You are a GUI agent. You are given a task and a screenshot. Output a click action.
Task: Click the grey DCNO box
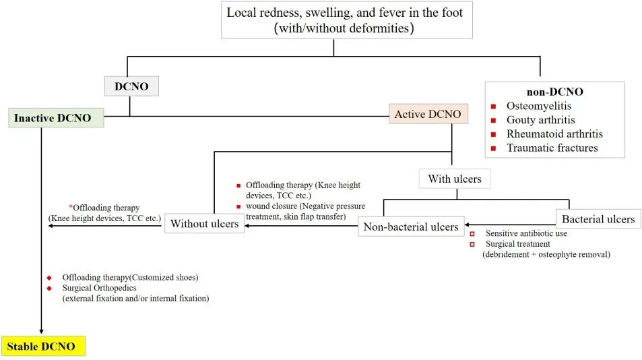(131, 86)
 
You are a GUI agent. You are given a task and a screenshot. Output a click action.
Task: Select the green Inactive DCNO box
(56, 118)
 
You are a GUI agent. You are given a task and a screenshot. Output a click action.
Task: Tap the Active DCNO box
(428, 114)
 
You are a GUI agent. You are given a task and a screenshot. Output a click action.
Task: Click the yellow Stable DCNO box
(43, 346)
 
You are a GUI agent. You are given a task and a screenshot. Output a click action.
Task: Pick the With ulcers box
(455, 179)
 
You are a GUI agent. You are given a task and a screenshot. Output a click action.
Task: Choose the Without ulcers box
(204, 224)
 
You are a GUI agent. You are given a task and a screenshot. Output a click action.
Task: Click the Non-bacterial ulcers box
(411, 227)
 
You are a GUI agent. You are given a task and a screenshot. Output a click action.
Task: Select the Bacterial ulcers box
(598, 218)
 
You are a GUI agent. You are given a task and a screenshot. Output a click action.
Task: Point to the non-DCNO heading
(555, 91)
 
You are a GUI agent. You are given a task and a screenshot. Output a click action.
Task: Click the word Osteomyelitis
(539, 106)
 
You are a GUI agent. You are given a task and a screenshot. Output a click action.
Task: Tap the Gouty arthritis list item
(540, 119)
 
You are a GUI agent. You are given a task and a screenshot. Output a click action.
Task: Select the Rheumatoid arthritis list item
(554, 133)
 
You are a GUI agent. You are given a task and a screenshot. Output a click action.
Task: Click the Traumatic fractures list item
(552, 148)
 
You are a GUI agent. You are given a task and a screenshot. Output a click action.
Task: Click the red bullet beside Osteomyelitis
(493, 107)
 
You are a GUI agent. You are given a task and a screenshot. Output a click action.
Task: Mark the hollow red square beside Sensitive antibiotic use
(472, 233)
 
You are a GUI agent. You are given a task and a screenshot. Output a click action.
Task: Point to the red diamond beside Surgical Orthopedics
(49, 289)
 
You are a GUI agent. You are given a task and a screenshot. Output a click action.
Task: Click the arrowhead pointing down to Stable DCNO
(41, 331)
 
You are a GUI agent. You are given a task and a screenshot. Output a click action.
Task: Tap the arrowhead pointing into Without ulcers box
(247, 226)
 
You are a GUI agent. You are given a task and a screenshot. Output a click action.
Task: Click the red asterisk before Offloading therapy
(71, 206)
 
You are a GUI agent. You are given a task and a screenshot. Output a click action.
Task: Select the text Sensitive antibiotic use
(526, 233)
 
